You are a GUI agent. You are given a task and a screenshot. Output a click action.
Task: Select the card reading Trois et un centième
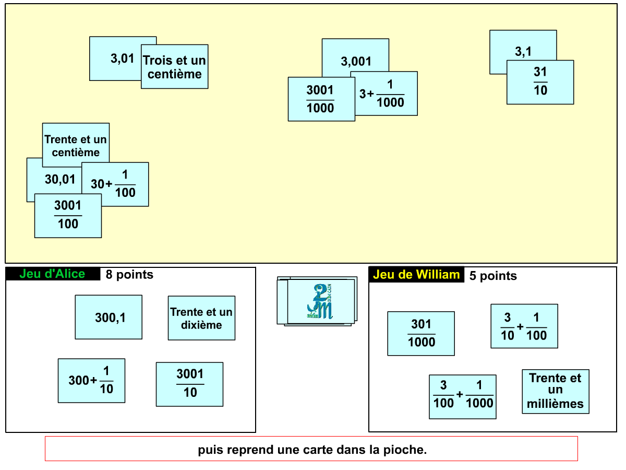tap(175, 67)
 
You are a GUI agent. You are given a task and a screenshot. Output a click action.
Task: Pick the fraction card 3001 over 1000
tap(320, 99)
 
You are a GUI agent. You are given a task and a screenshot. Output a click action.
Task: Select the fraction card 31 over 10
tap(540, 83)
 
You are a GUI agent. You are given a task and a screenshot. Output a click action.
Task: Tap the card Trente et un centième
tap(76, 146)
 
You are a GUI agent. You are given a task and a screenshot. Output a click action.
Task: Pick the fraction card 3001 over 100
tap(68, 216)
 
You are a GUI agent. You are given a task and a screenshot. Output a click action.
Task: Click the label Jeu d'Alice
tap(52, 274)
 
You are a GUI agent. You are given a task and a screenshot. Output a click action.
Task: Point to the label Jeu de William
tap(416, 275)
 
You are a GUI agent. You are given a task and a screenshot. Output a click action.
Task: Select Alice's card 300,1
tap(109, 317)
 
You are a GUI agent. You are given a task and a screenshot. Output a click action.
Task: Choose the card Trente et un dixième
tap(201, 318)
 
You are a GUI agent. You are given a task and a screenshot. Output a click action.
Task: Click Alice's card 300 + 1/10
tap(91, 381)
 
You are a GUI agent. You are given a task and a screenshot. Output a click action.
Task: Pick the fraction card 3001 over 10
tap(189, 384)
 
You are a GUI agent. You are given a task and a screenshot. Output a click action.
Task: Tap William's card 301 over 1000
tap(421, 334)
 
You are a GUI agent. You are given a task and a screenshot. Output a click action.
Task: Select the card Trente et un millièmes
tap(556, 391)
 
